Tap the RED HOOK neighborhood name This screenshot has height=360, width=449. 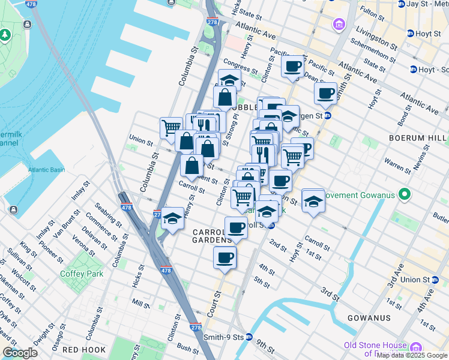click(x=84, y=349)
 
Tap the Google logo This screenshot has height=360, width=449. click(x=20, y=353)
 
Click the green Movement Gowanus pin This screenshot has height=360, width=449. click(x=405, y=194)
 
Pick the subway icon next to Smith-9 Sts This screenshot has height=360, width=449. click(x=248, y=337)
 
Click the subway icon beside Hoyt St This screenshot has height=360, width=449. click(x=411, y=34)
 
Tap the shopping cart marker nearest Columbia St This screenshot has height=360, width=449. click(x=171, y=127)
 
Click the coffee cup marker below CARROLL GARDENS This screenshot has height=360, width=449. click(x=225, y=257)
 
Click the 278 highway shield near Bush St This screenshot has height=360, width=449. click(x=196, y=328)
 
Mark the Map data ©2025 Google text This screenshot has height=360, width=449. click(x=412, y=355)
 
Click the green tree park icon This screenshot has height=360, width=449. click(x=5, y=34)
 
